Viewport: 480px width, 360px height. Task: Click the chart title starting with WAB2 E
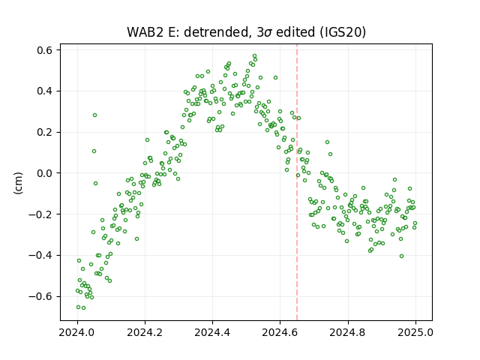point(247,31)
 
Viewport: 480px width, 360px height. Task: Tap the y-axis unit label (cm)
point(18,183)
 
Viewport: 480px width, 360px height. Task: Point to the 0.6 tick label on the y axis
point(45,50)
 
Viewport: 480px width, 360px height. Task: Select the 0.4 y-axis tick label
point(45,91)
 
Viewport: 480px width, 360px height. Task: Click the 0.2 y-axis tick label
point(45,132)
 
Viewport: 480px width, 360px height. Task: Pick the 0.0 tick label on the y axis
point(45,173)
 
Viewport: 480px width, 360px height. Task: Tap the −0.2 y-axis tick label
point(41,214)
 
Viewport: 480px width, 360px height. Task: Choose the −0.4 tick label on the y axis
point(41,255)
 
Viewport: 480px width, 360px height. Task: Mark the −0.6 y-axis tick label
point(41,296)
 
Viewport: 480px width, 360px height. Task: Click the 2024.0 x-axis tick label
point(77,332)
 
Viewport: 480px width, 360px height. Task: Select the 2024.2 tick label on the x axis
point(145,332)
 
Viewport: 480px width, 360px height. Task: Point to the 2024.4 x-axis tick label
point(212,332)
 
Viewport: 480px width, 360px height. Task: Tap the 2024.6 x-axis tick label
point(280,332)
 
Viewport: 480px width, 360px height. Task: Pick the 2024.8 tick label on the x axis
point(348,332)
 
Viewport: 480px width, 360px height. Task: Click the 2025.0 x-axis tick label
point(415,332)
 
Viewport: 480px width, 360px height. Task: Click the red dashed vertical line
point(297,182)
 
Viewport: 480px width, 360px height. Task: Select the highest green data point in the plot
point(254,56)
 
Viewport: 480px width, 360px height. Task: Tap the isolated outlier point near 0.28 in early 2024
point(95,115)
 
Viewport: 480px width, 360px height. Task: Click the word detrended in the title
point(215,31)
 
